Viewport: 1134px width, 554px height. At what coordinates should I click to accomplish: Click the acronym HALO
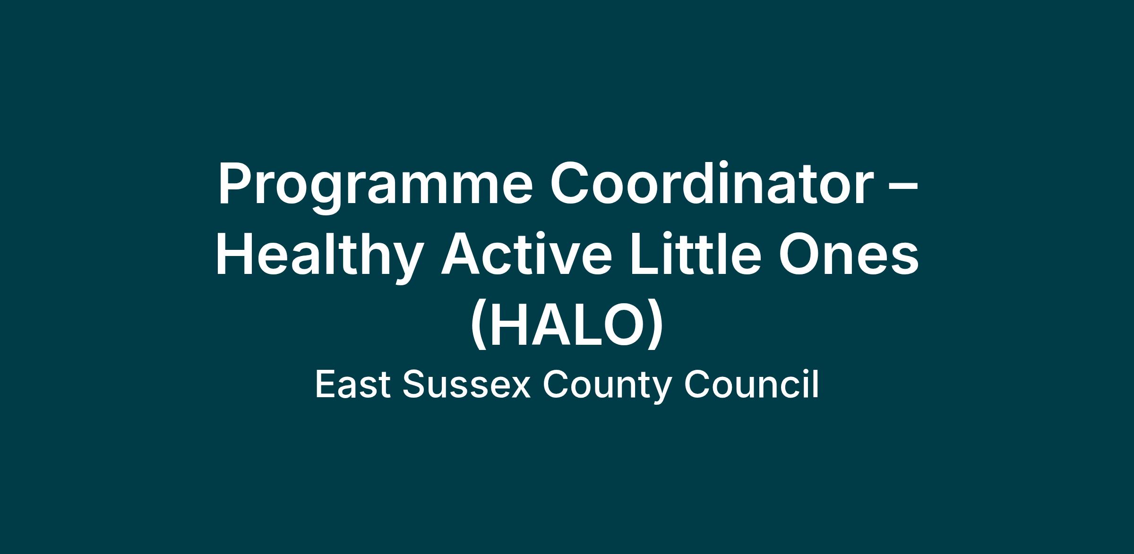pyautogui.click(x=567, y=325)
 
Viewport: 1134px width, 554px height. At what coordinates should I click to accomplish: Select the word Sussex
pyautogui.click(x=466, y=384)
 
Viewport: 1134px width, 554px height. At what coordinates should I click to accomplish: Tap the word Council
pyautogui.click(x=751, y=384)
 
